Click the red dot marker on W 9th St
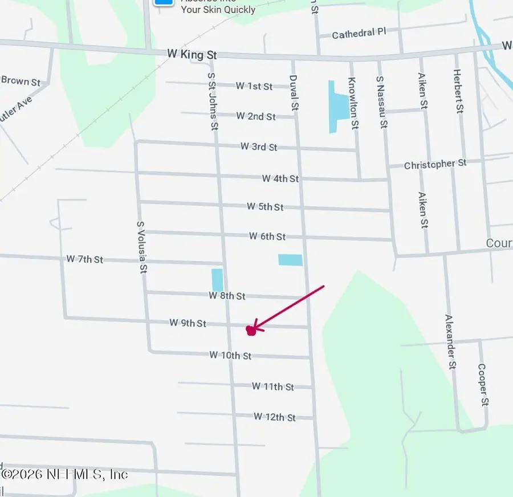250,330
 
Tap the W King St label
192,54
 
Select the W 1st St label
254,86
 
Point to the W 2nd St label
256,116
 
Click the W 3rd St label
259,146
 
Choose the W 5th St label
265,206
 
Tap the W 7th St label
84,259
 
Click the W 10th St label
230,355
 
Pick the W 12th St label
275,417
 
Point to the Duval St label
294,92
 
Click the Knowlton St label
353,103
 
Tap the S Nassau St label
382,101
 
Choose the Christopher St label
435,164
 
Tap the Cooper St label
483,385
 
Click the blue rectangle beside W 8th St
217,280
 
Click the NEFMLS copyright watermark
64,474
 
